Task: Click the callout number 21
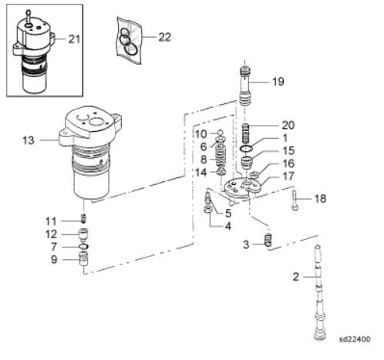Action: [74, 39]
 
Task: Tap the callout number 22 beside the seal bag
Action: [165, 37]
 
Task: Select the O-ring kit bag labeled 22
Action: [129, 40]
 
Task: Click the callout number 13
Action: [29, 140]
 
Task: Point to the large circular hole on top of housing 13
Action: [95, 122]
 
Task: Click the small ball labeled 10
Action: [221, 133]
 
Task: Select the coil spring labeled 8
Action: [221, 155]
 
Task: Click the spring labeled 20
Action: [246, 133]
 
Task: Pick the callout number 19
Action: [278, 82]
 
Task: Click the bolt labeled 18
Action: [295, 200]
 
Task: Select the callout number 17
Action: [288, 177]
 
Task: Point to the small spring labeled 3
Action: [268, 240]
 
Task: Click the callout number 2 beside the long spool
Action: [296, 277]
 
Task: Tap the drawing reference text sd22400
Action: [355, 339]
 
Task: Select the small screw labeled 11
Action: [83, 219]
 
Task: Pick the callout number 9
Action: [54, 260]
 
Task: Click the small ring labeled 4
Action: [208, 209]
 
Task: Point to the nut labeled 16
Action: [254, 176]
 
